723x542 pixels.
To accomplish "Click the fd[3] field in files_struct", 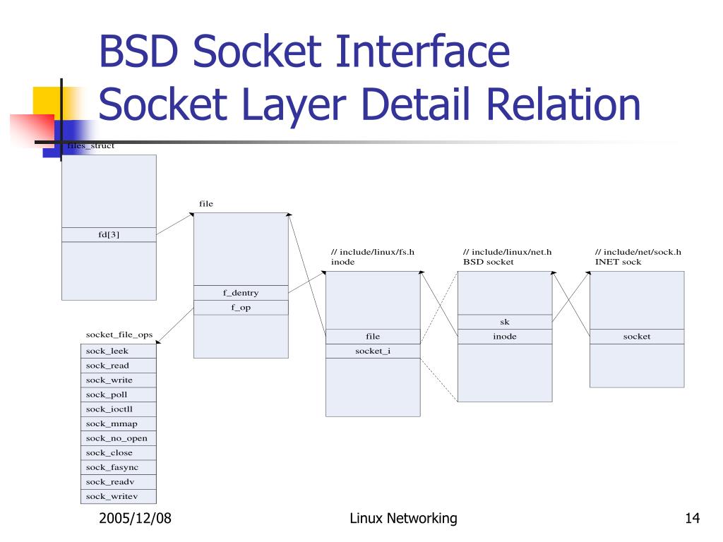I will [109, 235].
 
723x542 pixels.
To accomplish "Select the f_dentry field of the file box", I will [241, 294].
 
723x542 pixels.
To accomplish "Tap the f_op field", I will [241, 308].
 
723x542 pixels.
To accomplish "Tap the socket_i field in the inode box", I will [373, 351].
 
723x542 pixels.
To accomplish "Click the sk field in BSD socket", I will [505, 322].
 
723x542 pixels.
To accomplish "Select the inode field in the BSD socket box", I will [505, 337].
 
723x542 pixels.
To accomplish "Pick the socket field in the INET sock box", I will [637, 337].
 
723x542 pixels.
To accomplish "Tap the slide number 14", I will [692, 519].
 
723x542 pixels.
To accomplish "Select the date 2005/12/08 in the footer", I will [136, 519].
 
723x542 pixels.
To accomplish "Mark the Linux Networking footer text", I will [404, 519].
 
